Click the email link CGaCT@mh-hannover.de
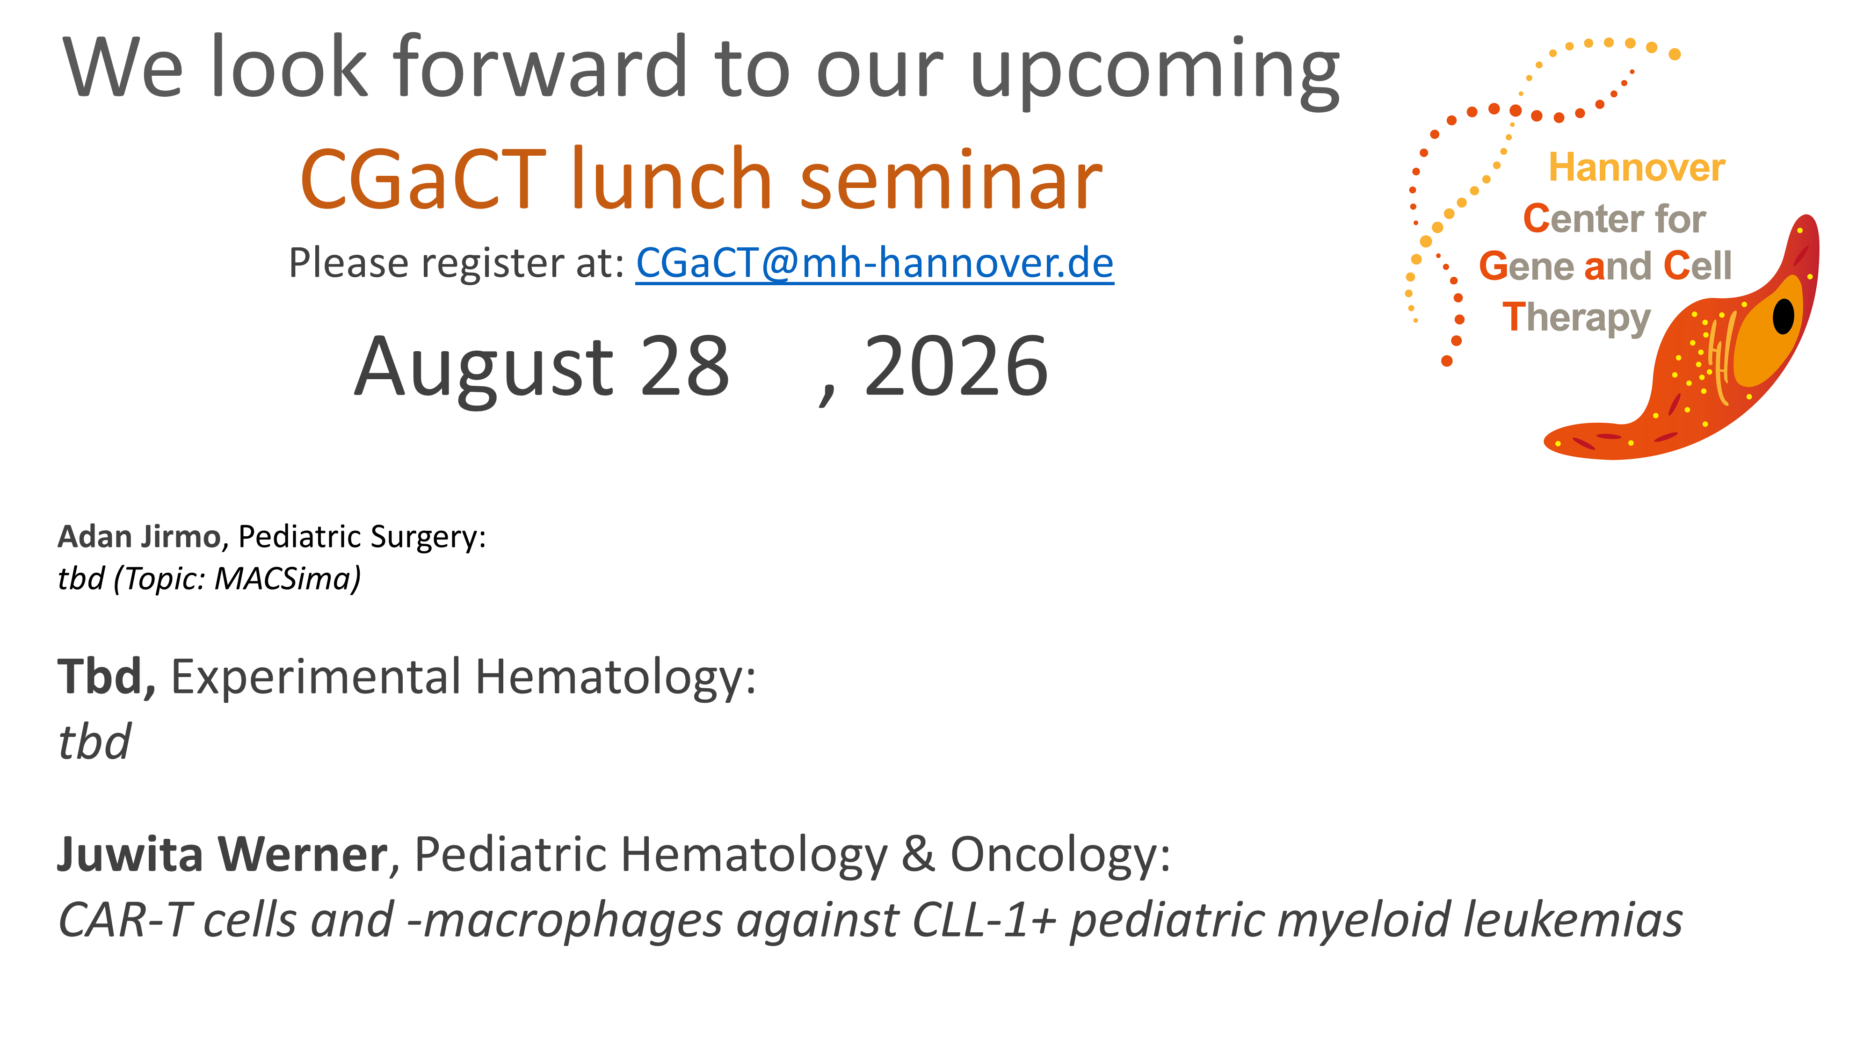coord(875,263)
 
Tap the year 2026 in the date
coord(956,367)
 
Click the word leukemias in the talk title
coord(1573,920)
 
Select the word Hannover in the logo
coord(1637,168)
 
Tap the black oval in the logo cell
coord(1784,316)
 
